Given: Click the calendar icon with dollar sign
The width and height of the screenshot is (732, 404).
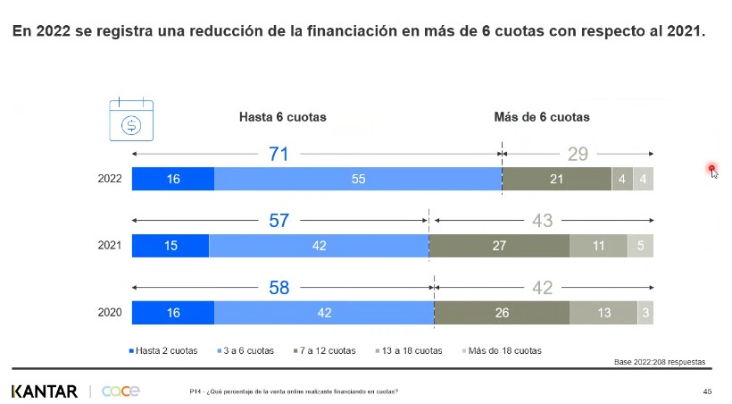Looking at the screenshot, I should [x=130, y=121].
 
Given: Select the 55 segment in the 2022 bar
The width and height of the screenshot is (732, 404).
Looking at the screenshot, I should [x=358, y=179].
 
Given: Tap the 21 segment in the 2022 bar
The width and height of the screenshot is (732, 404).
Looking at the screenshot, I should [x=556, y=179].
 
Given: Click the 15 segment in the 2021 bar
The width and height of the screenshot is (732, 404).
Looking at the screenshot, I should [x=170, y=246].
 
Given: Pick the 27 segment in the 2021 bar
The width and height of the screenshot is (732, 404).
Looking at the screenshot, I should [x=499, y=246].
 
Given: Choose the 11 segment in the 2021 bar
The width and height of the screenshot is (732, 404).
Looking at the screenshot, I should [x=598, y=246].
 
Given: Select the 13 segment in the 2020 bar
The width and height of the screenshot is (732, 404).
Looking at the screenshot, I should [x=603, y=313].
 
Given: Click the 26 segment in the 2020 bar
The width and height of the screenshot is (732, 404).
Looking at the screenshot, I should [x=502, y=313].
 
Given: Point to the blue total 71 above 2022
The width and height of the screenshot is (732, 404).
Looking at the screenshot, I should [x=279, y=154].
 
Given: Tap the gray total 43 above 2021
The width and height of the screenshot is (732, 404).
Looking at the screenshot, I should [x=543, y=221].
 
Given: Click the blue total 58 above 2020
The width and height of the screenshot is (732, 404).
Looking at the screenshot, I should [x=279, y=288].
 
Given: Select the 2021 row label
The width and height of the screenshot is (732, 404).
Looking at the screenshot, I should [x=110, y=246].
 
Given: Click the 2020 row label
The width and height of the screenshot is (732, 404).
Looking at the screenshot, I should [x=110, y=313].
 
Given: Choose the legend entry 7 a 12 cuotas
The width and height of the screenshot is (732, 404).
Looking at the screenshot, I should [x=324, y=350].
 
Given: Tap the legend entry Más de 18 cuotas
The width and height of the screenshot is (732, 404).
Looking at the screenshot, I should [x=502, y=350].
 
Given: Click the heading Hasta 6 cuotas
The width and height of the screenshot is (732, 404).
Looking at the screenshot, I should [x=282, y=117].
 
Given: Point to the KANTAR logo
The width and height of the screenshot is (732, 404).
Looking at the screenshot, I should [x=45, y=391].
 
